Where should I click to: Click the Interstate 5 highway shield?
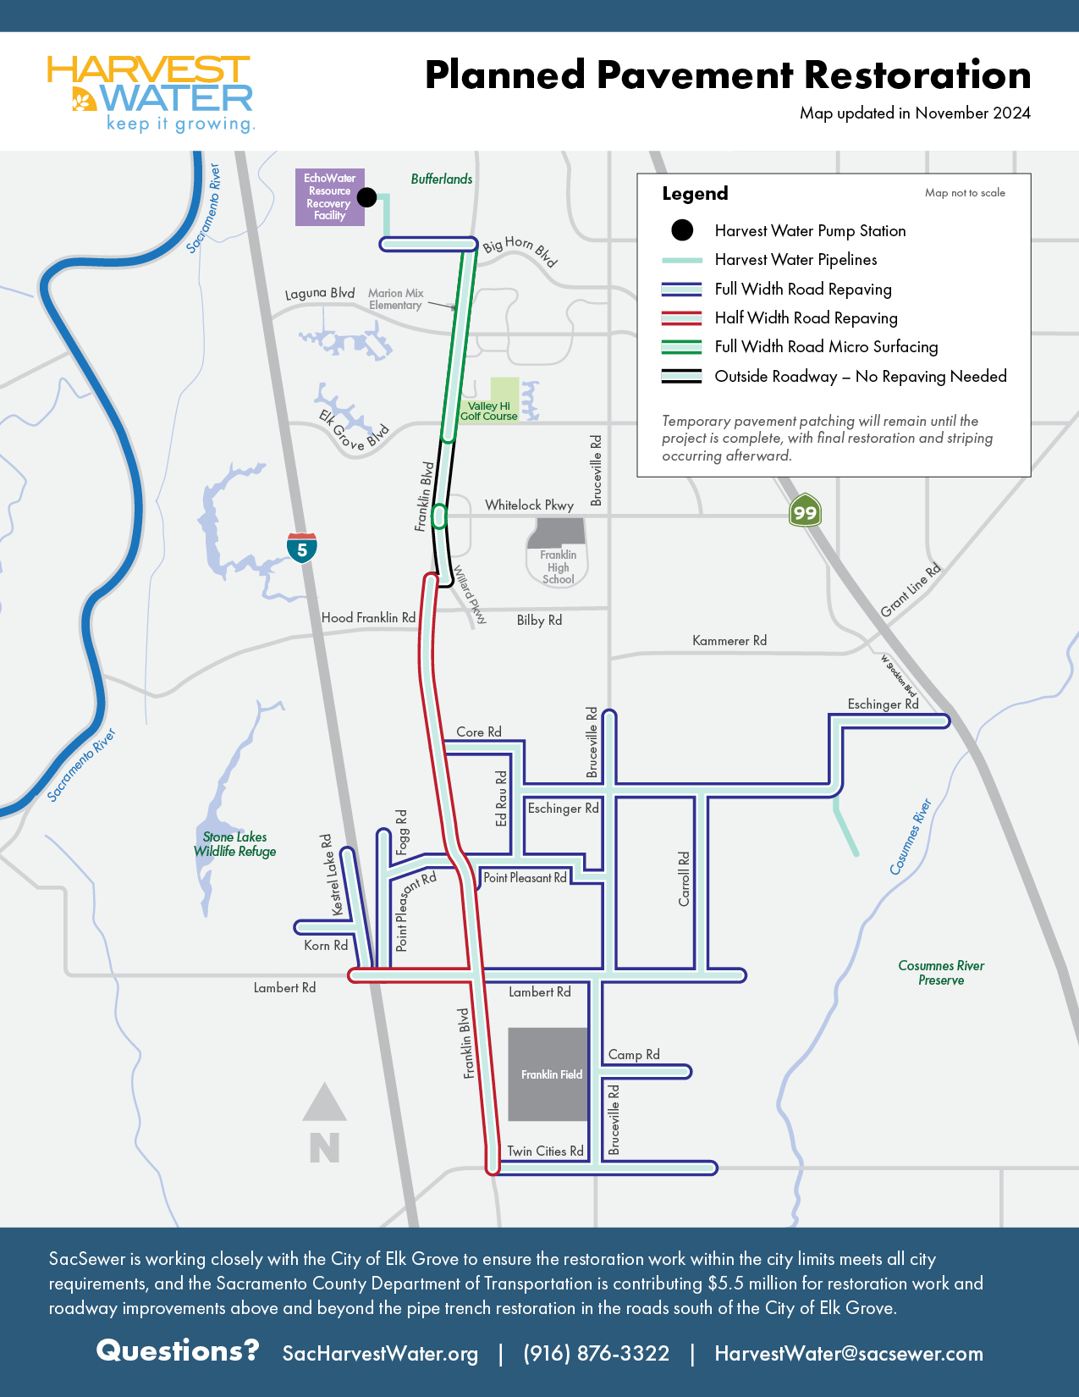(x=302, y=548)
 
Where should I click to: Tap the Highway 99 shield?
(x=805, y=511)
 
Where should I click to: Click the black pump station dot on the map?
(x=366, y=197)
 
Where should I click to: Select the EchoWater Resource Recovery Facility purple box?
(x=329, y=197)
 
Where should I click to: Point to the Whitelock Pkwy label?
(x=529, y=505)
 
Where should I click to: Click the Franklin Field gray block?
(x=548, y=1074)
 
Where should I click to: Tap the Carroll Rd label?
(x=684, y=879)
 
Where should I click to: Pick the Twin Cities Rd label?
(x=545, y=1151)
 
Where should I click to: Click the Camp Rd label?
(x=634, y=1055)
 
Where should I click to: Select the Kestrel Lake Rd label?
(x=332, y=875)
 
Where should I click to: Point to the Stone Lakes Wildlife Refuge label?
(x=235, y=844)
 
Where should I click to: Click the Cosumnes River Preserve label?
(x=941, y=973)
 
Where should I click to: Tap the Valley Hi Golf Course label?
(x=489, y=411)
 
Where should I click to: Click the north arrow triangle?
(x=325, y=1102)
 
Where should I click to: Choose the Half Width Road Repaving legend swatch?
(x=681, y=318)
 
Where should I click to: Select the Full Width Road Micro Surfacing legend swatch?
(x=681, y=347)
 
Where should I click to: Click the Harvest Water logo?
(x=151, y=94)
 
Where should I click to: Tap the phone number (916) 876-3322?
(x=596, y=1354)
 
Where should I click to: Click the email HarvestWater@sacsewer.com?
(x=849, y=1354)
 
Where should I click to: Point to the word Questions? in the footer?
(x=178, y=1350)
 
